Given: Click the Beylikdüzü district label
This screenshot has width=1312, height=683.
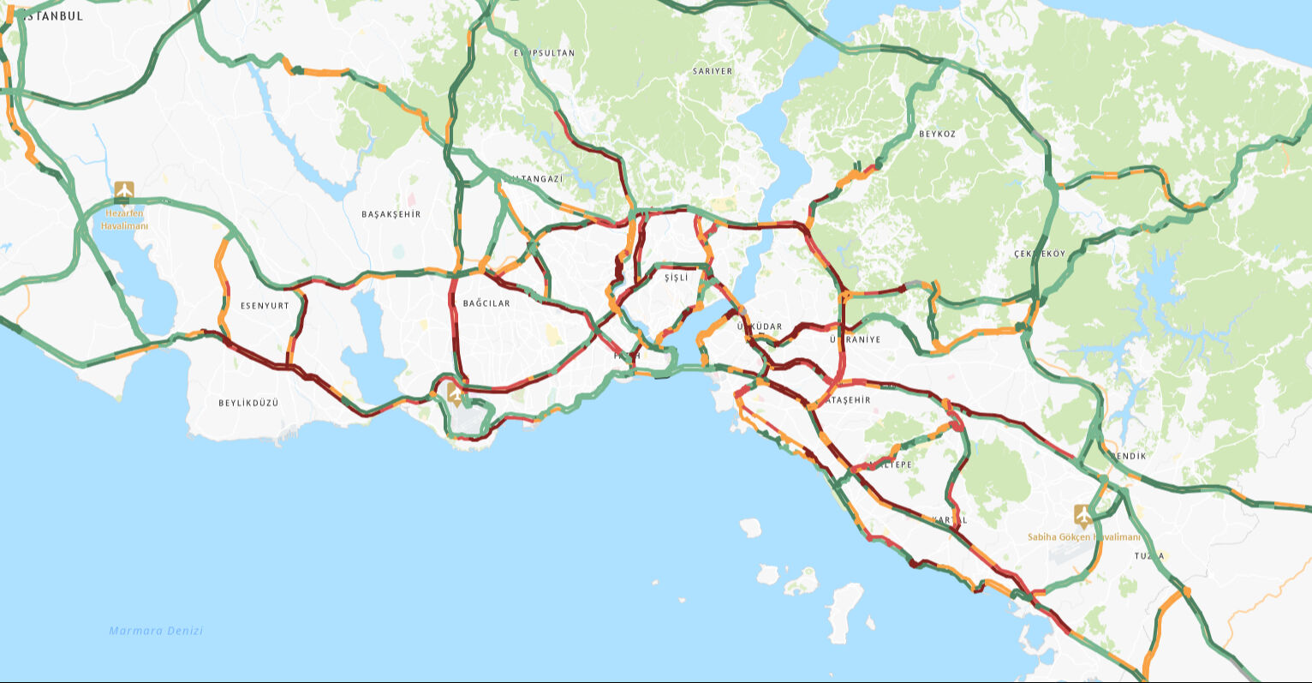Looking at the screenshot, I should pyautogui.click(x=248, y=403).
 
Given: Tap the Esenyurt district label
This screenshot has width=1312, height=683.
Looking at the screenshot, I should pyautogui.click(x=265, y=305).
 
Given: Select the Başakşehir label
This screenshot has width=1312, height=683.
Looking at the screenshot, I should pyautogui.click(x=391, y=214).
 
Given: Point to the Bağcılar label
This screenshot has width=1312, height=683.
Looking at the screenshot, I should pyautogui.click(x=486, y=303).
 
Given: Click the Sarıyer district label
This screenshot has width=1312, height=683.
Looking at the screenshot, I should pyautogui.click(x=713, y=71).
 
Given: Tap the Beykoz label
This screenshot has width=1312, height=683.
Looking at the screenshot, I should pyautogui.click(x=937, y=135).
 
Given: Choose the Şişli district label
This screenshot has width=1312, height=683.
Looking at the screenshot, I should pyautogui.click(x=676, y=278).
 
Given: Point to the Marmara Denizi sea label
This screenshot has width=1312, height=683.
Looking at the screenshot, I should pyautogui.click(x=156, y=631).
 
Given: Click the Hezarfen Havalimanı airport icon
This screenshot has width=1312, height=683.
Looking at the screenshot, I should pyautogui.click(x=124, y=190).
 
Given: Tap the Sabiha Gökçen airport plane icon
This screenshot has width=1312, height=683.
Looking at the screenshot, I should pyautogui.click(x=1083, y=516).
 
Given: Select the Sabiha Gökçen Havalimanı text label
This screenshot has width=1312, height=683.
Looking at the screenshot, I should pyautogui.click(x=1084, y=537).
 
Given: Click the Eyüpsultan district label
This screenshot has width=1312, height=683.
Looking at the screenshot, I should pyautogui.click(x=545, y=53).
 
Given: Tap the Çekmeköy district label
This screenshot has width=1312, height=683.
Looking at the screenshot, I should pyautogui.click(x=1040, y=254).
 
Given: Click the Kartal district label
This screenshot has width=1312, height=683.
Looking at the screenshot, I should pyautogui.click(x=950, y=520).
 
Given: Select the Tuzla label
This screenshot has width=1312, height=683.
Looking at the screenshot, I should pyautogui.click(x=1150, y=556).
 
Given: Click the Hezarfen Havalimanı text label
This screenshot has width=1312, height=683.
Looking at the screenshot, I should pyautogui.click(x=125, y=219).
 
